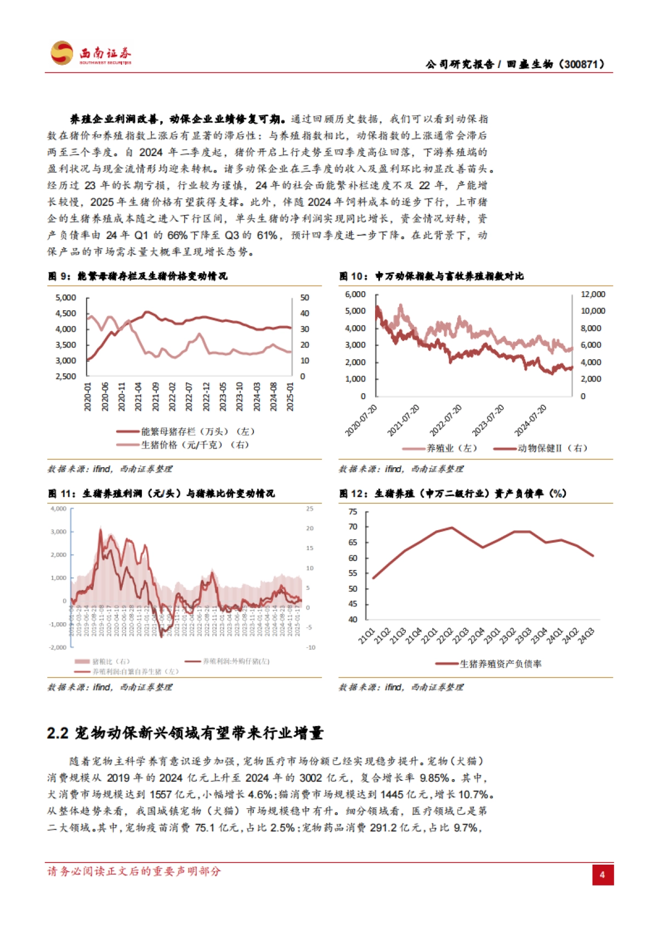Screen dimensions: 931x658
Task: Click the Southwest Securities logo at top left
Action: coord(90,54)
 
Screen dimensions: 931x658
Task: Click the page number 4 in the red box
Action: coord(602,875)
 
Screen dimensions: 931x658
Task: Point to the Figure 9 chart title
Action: coord(137,276)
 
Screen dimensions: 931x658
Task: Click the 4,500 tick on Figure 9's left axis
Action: coord(66,313)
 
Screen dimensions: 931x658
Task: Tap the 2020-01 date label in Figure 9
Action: coord(88,396)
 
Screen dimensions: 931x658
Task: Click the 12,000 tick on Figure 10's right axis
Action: coord(593,294)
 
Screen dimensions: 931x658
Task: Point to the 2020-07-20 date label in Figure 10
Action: coord(361,421)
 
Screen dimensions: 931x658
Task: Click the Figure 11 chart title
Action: coord(161,493)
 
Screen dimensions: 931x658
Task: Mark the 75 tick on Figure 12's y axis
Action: coord(353,512)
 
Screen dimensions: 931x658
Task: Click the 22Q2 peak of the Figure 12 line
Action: coord(451,527)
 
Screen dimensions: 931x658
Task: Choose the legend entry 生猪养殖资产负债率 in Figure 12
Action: coord(500,663)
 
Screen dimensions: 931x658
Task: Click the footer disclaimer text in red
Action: coord(134,871)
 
